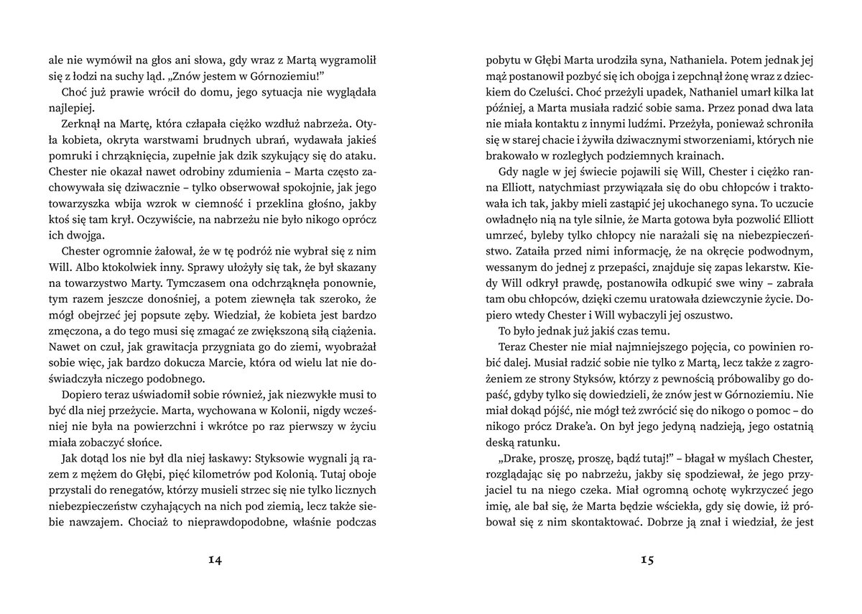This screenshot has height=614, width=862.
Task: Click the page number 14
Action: pyautogui.click(x=215, y=561)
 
